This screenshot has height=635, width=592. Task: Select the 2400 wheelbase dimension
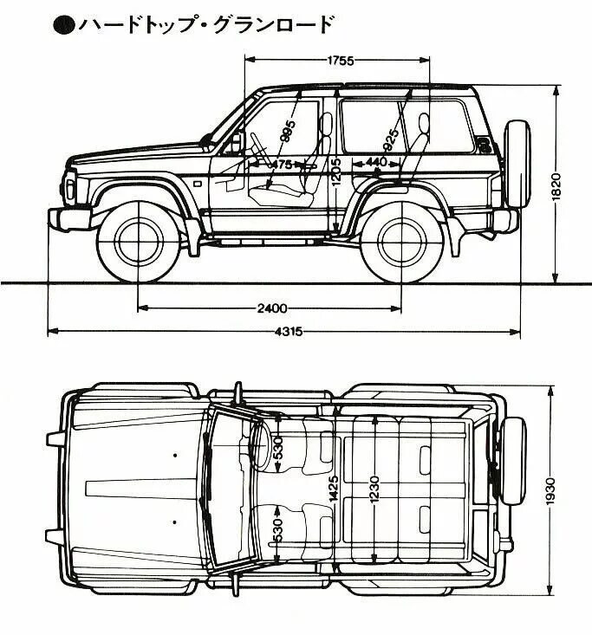coord(271,308)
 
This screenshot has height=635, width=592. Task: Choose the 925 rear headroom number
coord(391,138)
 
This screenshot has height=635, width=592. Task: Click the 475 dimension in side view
coord(283,164)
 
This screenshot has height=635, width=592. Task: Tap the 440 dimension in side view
coord(376,162)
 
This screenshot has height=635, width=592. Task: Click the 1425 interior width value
coord(333,492)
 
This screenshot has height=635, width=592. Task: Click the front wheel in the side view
coord(138,240)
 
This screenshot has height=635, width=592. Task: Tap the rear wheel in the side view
coord(402,240)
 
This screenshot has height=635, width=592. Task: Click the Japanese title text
coord(204,24)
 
